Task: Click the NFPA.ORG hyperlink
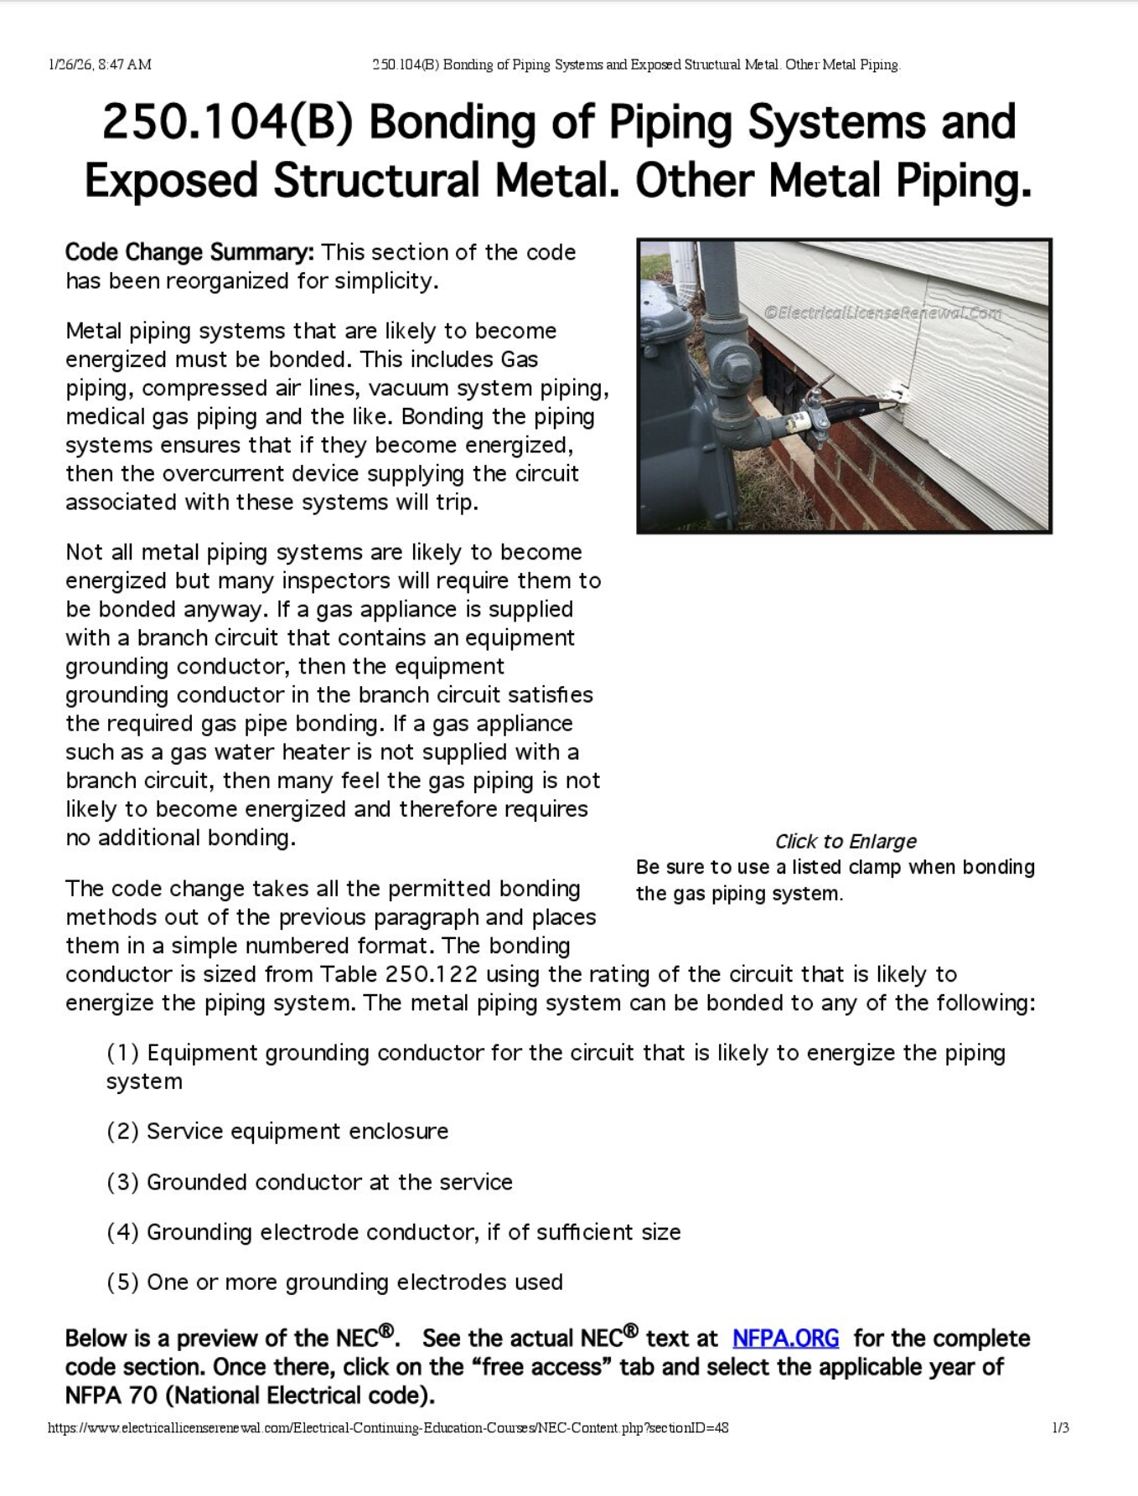pos(785,1338)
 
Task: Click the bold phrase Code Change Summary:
pos(189,252)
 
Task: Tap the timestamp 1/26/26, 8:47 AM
pos(100,64)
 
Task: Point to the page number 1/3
pos(1060,1427)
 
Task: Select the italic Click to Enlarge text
pos(845,841)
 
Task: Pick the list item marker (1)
pos(122,1053)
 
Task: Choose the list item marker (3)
pos(122,1182)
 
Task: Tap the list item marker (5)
pos(122,1282)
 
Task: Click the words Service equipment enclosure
pos(297,1132)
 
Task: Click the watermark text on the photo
pos(882,313)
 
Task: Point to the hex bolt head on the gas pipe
pos(738,368)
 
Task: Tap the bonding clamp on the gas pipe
pos(813,416)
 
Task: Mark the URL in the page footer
pos(388,1427)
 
